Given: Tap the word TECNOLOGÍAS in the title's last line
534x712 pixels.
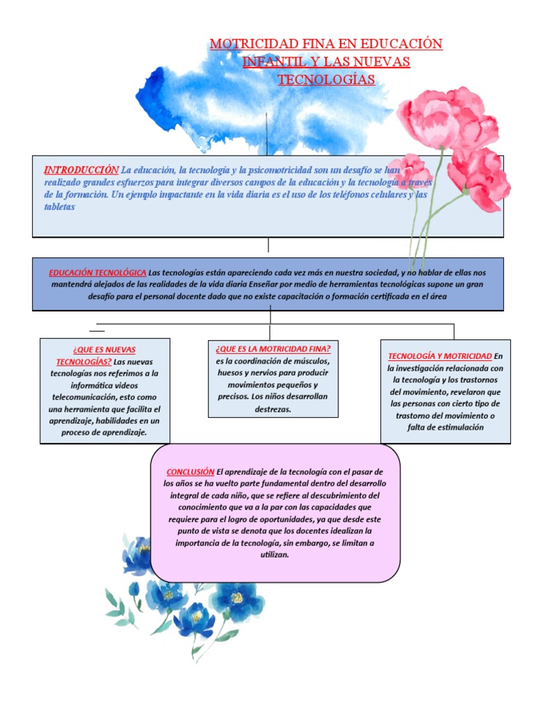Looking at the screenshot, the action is [326, 79].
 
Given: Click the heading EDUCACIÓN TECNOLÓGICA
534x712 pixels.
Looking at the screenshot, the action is [97, 273].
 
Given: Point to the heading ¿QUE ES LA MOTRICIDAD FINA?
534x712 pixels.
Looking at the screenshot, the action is [273, 348].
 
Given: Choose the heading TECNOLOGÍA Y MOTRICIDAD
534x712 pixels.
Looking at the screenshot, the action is [439, 356].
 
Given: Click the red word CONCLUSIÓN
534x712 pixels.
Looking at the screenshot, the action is [190, 471].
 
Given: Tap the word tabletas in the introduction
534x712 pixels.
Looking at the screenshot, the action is [59, 207].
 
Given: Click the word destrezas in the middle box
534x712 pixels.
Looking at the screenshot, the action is [273, 409].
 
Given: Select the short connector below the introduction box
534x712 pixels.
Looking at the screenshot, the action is [268, 245].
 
